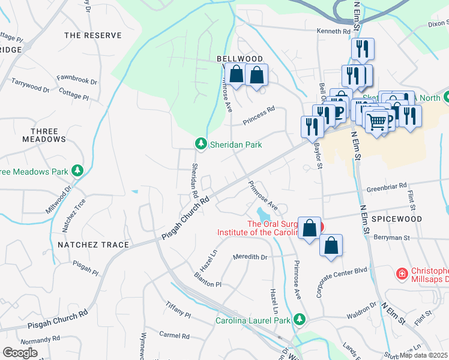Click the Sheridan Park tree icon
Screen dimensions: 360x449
(200, 144)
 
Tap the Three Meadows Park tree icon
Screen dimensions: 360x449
(77, 172)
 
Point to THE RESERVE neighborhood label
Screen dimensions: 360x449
(92, 35)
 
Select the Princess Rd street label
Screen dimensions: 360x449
(259, 116)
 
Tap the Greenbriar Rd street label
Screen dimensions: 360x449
(387, 186)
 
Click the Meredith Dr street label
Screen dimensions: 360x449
(250, 257)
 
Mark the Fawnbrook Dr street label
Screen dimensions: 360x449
(77, 79)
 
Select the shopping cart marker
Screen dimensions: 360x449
(377, 122)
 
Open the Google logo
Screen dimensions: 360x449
(20, 353)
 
